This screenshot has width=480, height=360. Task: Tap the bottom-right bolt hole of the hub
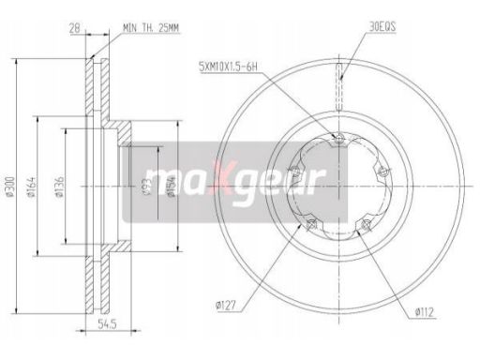click(366, 226)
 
